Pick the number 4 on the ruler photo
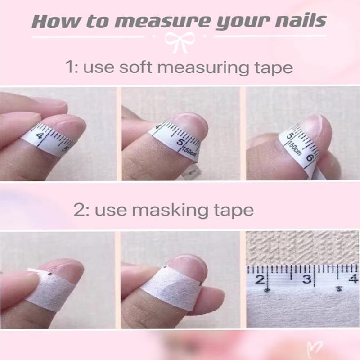[x=353, y=277]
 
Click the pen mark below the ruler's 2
[x=267, y=291]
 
